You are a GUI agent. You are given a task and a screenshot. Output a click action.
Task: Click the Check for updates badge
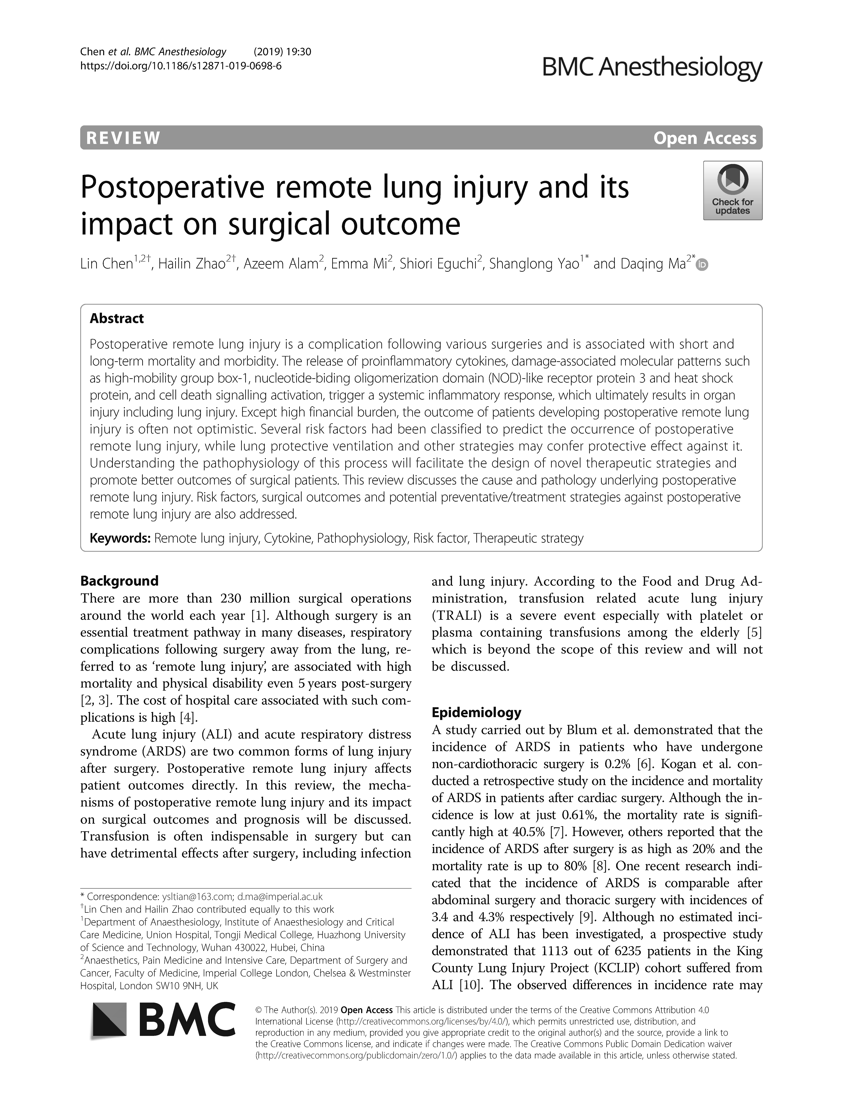tap(732, 190)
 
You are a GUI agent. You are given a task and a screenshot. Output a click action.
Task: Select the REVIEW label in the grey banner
tap(124, 138)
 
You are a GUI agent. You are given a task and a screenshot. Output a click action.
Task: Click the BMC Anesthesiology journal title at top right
tap(652, 66)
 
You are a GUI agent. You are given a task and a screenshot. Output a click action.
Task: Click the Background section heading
tap(119, 581)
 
